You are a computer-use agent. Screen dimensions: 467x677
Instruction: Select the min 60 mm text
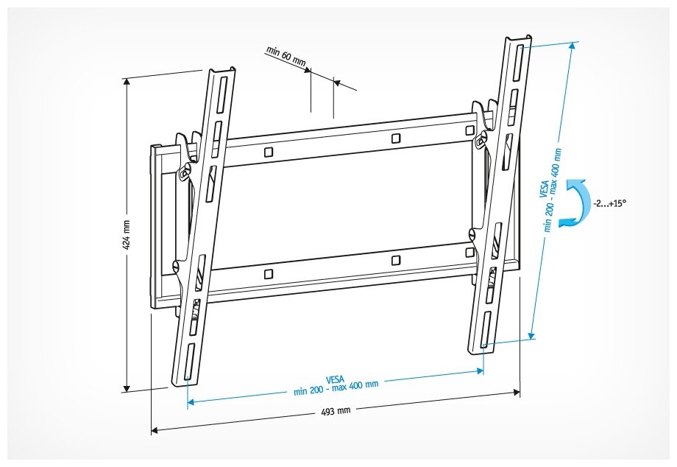[x=286, y=57]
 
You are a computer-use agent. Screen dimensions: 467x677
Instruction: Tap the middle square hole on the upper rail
[x=396, y=138]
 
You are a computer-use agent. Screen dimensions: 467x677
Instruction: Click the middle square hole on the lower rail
[x=396, y=260]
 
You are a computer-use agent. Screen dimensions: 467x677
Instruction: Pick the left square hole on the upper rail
[x=269, y=152]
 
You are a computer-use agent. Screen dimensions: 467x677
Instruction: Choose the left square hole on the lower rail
[x=269, y=273]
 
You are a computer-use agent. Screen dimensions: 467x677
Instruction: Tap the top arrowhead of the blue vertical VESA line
[x=572, y=43]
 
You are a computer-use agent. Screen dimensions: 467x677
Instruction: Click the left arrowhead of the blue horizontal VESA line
[x=190, y=402]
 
